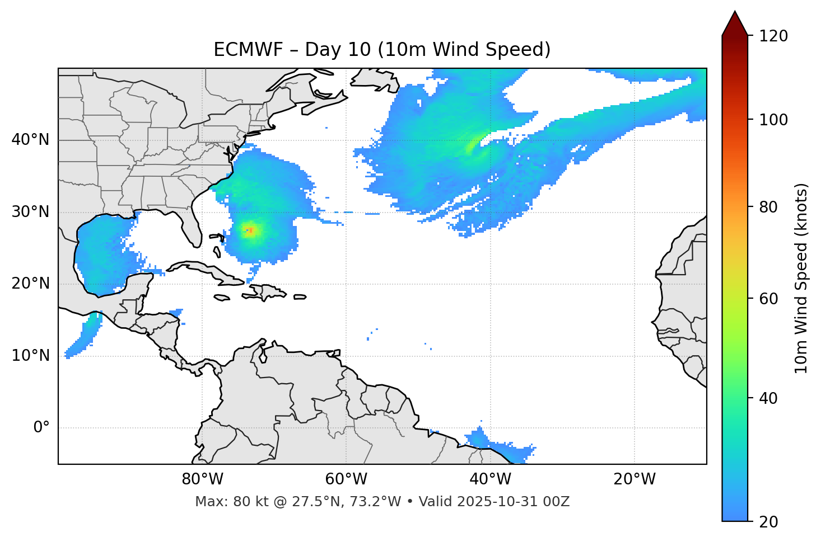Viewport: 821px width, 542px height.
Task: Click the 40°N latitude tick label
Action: pyautogui.click(x=30, y=140)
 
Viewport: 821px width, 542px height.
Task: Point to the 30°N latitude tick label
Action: pyautogui.click(x=30, y=212)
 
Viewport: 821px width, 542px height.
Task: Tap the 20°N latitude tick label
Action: pyautogui.click(x=30, y=284)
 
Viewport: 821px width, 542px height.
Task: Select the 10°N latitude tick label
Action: pyautogui.click(x=30, y=356)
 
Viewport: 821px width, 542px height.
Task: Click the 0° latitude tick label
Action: pyautogui.click(x=41, y=428)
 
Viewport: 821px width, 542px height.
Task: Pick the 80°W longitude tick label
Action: pyautogui.click(x=202, y=479)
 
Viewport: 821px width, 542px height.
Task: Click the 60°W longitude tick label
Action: pyautogui.click(x=346, y=479)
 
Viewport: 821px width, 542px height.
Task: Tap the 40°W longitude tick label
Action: pyautogui.click(x=490, y=479)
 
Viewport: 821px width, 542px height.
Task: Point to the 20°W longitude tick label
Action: pyautogui.click(x=634, y=479)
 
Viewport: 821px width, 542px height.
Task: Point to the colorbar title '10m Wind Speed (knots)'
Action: pyautogui.click(x=801, y=278)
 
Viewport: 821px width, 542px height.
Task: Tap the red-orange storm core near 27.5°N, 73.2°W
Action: pyautogui.click(x=251, y=230)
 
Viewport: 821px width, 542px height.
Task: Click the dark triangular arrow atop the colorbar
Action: pyautogui.click(x=735, y=24)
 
